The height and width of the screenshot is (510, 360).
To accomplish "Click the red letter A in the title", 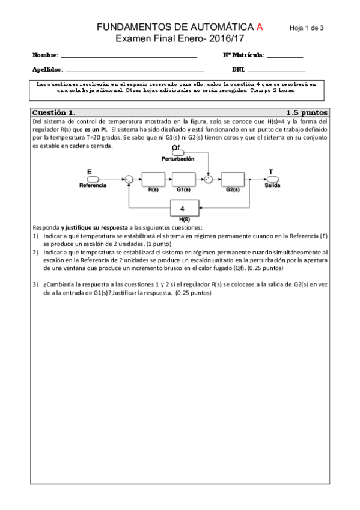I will click(260, 27).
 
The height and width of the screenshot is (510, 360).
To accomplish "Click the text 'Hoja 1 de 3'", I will click(307, 28).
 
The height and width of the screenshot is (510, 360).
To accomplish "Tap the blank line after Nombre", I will click(129, 57).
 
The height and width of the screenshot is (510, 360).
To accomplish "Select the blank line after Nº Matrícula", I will click(285, 57).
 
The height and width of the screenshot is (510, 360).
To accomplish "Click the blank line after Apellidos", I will click(135, 70).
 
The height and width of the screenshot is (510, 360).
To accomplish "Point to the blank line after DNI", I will click(276, 70).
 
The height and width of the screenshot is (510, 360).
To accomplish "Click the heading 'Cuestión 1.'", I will click(54, 112).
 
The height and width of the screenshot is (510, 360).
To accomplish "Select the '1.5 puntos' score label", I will click(307, 112).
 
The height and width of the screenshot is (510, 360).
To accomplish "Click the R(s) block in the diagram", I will click(153, 178).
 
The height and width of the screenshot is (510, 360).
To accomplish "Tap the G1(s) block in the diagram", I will click(184, 178).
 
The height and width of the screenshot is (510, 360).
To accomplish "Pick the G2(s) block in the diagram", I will click(233, 178).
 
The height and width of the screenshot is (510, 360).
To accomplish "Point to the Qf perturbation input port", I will click(178, 153).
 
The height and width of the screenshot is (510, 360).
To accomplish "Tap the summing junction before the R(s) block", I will click(128, 179).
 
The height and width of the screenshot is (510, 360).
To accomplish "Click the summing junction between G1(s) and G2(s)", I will click(208, 179).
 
